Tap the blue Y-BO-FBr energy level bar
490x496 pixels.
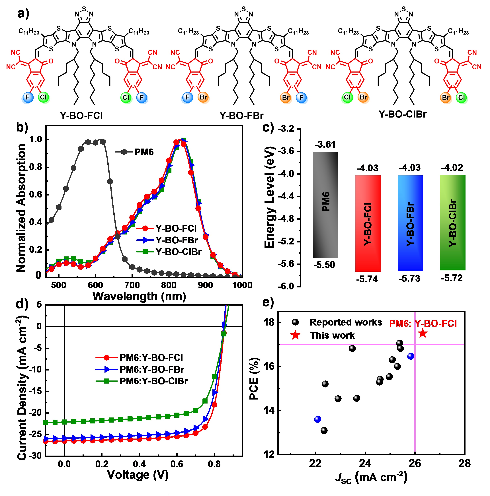click(410, 223)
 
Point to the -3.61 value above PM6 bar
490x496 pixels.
click(325, 145)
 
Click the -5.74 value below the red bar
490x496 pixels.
click(367, 279)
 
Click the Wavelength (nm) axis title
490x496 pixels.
click(139, 296)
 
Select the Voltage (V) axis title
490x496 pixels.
click(138, 475)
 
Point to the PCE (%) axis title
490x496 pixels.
click(254, 378)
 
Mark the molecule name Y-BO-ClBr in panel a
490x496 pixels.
click(402, 114)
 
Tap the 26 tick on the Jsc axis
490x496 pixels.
click(415, 463)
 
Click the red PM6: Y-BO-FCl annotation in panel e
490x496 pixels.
click(423, 324)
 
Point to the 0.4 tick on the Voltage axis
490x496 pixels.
click(139, 464)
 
